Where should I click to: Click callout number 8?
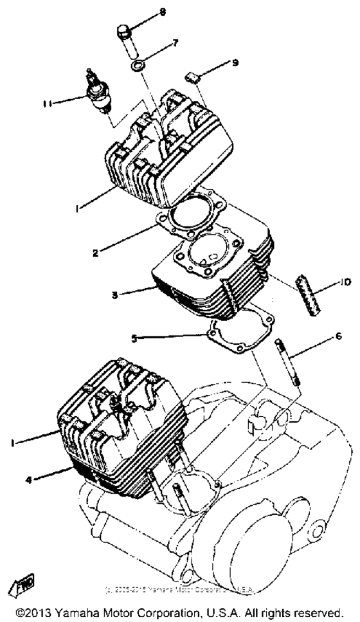163,12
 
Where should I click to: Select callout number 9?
235,63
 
